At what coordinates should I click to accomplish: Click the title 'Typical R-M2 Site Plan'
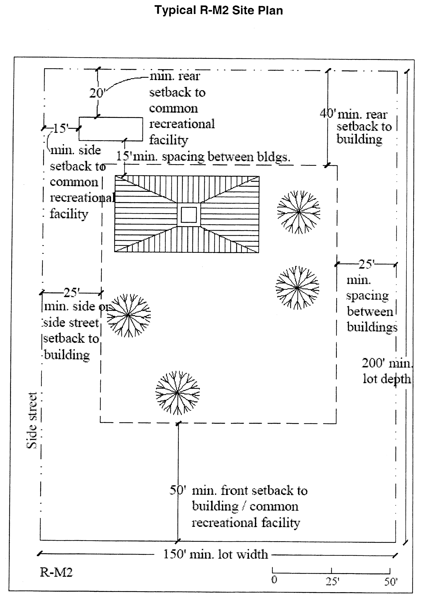tap(219, 11)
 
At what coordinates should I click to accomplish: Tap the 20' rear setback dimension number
tap(97, 93)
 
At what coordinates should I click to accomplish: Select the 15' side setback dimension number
tap(61, 128)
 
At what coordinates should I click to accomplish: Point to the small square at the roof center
tap(189, 215)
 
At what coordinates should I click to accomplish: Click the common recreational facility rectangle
tap(111, 129)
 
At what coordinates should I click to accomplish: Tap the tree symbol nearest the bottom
tap(177, 393)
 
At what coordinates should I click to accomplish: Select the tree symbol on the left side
tap(129, 315)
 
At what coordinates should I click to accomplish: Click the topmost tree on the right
tap(298, 212)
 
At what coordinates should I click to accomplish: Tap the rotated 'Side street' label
tap(32, 420)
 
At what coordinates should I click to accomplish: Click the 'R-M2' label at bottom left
tap(56, 572)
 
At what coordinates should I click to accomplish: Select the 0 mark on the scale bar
tap(274, 580)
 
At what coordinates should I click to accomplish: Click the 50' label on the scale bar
tap(391, 582)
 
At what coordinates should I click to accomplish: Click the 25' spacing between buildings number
tap(366, 264)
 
